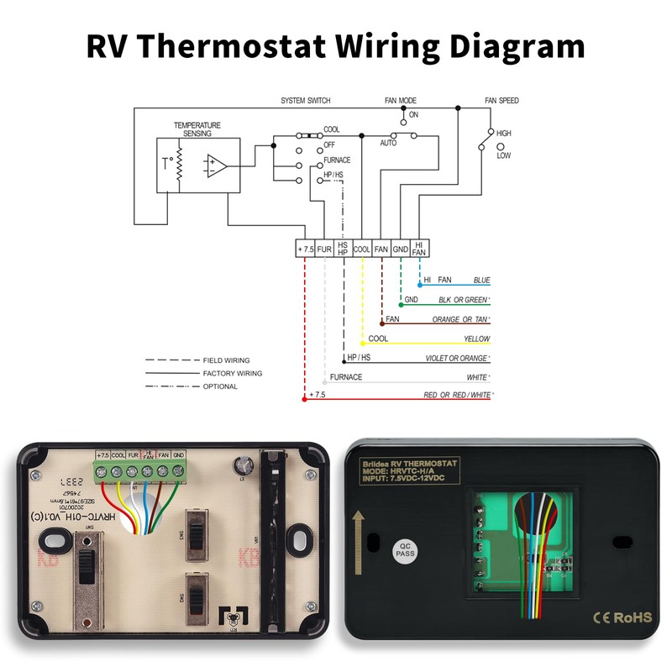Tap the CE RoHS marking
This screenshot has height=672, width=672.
622,617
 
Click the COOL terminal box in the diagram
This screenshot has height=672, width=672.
362,249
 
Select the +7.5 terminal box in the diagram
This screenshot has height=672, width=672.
305,249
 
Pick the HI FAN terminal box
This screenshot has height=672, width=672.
420,249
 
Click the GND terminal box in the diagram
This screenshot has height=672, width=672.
401,249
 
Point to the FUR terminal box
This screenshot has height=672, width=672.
324,249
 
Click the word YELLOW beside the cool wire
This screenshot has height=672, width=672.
476,339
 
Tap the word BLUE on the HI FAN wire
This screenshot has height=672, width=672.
481,280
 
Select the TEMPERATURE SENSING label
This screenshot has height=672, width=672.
197,129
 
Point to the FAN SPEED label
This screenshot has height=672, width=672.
501,101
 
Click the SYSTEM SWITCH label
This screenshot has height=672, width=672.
306,101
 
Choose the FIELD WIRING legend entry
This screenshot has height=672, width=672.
226,360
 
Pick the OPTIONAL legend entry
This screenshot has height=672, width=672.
220,386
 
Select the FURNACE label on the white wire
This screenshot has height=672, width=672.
346,377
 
